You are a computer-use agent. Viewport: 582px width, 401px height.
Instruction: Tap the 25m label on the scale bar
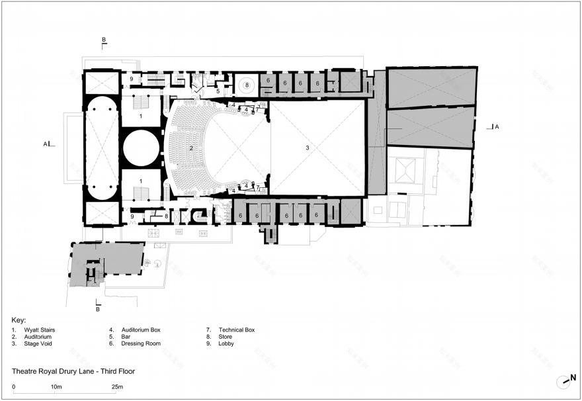tap(117, 387)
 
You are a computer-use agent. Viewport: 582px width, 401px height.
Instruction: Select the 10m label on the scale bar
tap(56, 387)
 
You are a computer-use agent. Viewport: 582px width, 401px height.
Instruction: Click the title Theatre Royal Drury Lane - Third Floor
tap(73, 371)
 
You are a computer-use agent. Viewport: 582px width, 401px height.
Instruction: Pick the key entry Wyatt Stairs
tap(39, 330)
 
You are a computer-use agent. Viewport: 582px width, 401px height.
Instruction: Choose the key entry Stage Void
tap(38, 343)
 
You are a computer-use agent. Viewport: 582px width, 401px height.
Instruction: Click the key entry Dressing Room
tap(141, 343)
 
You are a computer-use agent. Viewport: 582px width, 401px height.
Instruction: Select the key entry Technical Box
tap(237, 330)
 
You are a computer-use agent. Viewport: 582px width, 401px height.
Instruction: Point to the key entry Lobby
tap(226, 343)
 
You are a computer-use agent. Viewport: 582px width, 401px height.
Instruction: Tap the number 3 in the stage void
tap(308, 148)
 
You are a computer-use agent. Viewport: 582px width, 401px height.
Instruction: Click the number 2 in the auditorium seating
tap(191, 148)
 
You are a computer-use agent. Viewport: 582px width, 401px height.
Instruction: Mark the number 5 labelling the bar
tap(218, 91)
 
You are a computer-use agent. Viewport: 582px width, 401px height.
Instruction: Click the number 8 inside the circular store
tap(247, 85)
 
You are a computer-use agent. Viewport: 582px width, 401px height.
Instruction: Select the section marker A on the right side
tap(497, 127)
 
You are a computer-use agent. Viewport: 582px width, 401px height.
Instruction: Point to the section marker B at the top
tap(104, 40)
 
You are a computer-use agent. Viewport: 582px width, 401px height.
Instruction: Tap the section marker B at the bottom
tap(98, 309)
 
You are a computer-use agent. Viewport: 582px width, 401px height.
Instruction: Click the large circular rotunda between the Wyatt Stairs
tap(142, 148)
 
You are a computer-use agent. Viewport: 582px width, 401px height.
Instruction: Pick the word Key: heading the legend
tap(19, 320)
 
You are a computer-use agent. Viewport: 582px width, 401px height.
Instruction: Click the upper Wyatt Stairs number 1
tap(141, 116)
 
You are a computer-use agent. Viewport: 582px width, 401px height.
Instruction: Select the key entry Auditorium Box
tap(141, 330)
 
